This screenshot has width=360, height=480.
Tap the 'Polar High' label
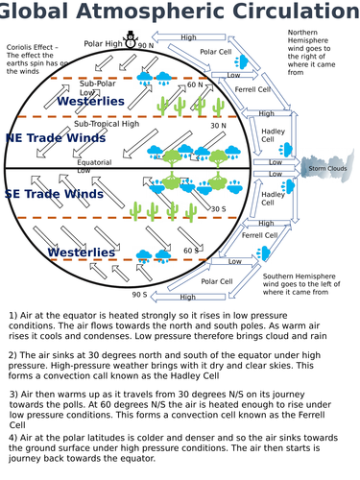point(103,44)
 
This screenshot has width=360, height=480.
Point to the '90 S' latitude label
point(140,295)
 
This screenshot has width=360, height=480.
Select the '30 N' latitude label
point(218,126)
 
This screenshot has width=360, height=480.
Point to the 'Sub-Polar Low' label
point(97,87)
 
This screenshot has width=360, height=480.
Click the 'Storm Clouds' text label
point(327,169)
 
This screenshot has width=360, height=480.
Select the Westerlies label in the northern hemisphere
point(90,101)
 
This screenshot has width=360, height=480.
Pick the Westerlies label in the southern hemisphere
point(82,252)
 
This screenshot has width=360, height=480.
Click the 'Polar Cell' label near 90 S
point(217,281)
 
